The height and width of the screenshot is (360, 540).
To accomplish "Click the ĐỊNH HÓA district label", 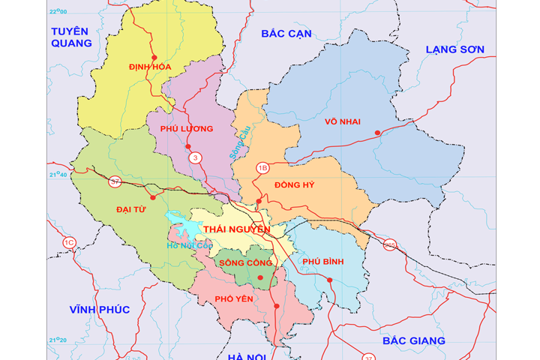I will pos(150,67).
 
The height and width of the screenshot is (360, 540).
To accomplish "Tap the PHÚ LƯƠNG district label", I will pos(187,129).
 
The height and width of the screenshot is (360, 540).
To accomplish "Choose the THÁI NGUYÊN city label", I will pos(236,229).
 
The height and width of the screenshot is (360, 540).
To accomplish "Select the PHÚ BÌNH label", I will pos(322,261).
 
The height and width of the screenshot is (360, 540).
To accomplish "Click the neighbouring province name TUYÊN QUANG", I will pos(70,37).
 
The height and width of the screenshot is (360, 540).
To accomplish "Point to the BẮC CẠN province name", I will pos(286,34).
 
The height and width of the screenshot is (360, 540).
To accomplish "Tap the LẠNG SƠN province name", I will pos(455,49).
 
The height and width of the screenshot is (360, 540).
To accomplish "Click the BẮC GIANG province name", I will pos(413,340).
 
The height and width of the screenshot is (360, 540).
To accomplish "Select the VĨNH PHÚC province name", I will pos(100,310).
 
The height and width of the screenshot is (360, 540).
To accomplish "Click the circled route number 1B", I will pos(262,167).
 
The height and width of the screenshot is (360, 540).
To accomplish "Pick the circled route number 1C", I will pos(69,242).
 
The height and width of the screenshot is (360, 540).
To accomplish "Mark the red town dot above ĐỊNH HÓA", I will pos(154,58).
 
